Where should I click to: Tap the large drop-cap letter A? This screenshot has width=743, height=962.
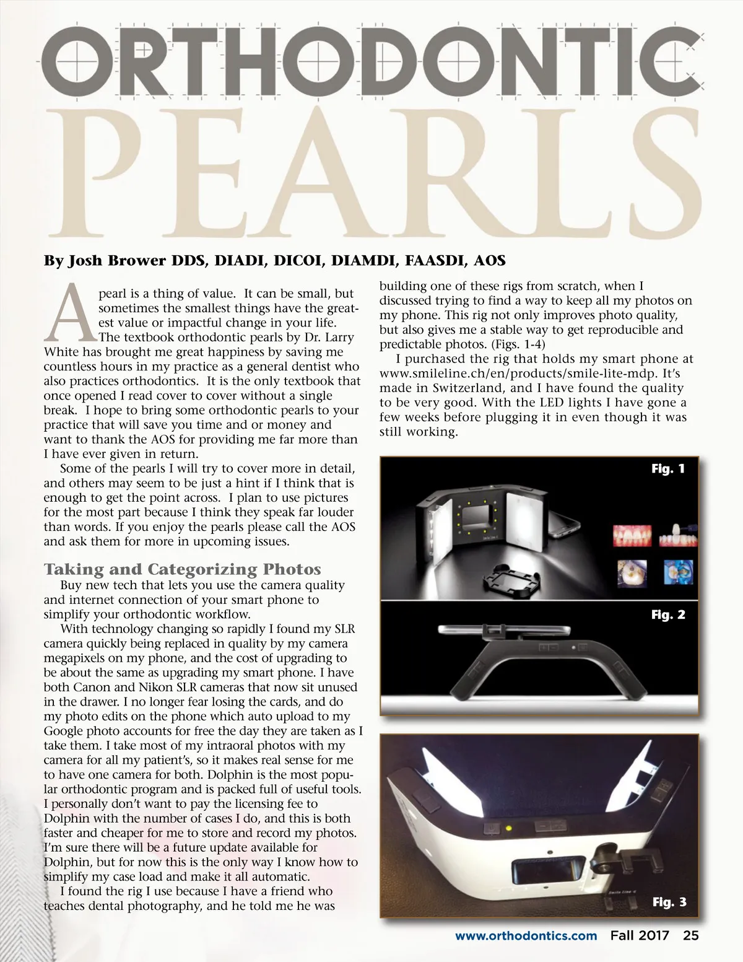click(70, 314)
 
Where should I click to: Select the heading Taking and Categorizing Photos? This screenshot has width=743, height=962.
click(182, 569)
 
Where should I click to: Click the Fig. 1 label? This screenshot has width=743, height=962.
click(668, 469)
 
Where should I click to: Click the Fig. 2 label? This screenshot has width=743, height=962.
click(668, 614)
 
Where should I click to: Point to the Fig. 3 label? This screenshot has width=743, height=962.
click(669, 902)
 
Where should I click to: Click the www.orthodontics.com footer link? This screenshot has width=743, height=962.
click(526, 935)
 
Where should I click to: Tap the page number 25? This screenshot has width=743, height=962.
click(690, 935)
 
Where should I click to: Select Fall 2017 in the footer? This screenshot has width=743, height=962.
click(640, 935)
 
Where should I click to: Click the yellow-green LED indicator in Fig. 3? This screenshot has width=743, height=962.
click(509, 827)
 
